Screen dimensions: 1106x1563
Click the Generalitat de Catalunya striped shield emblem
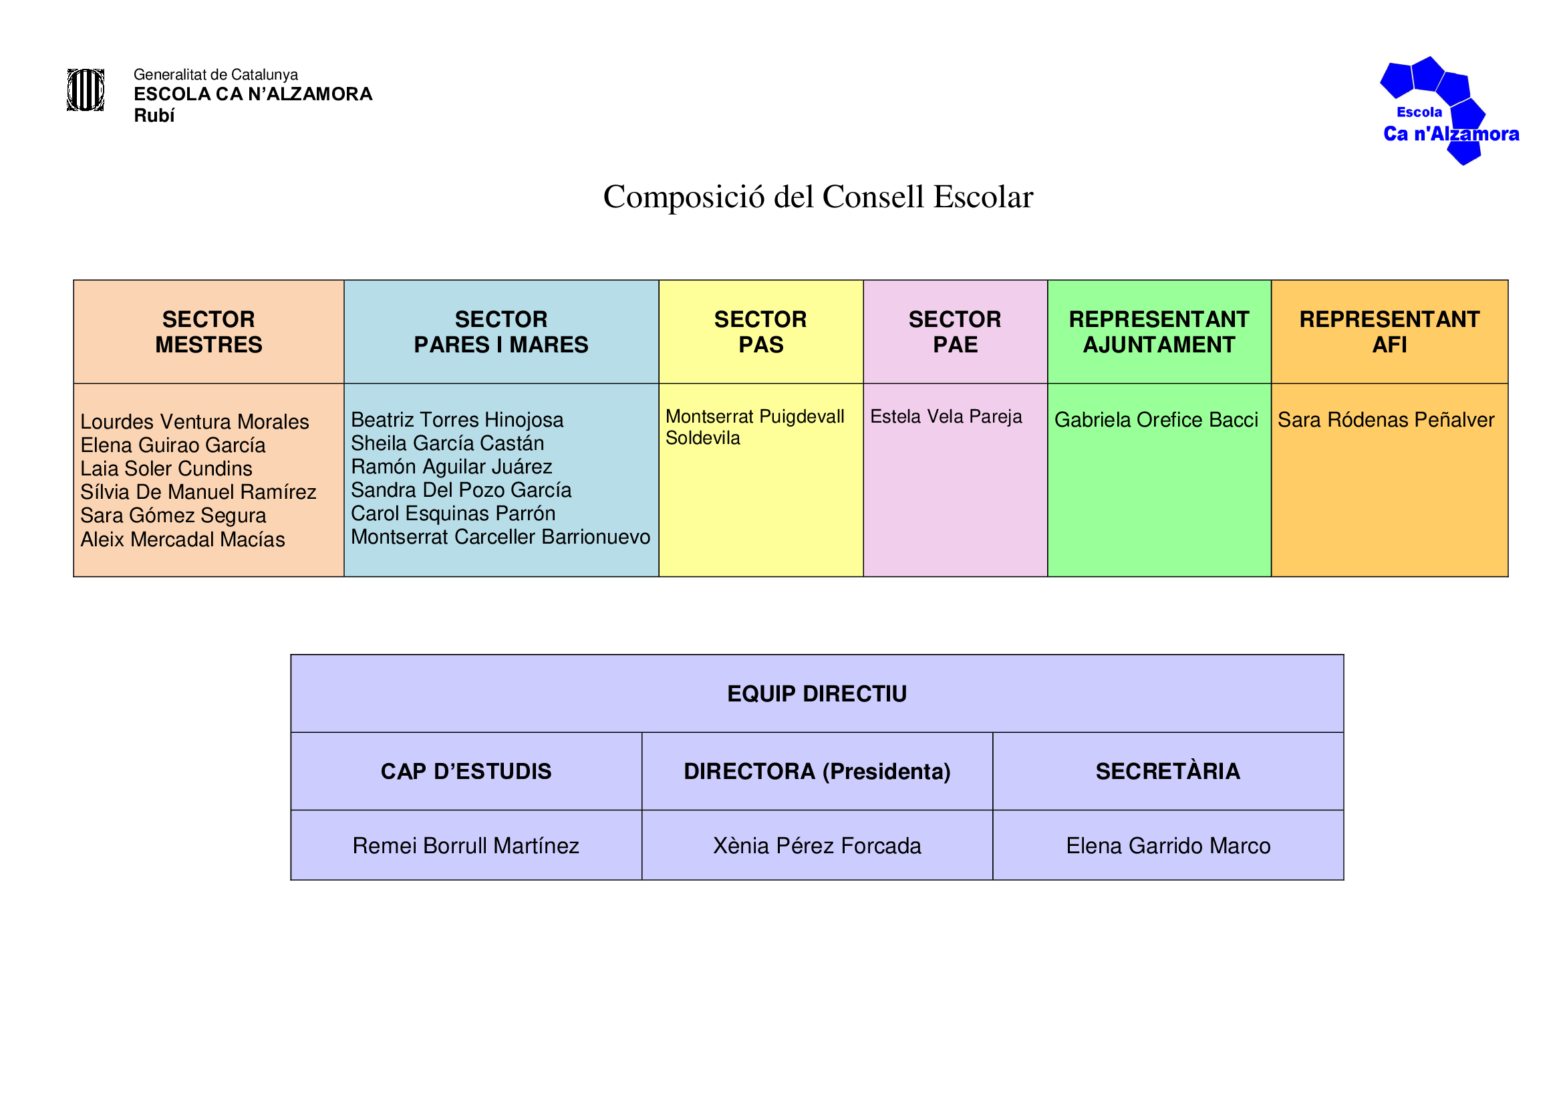point(85,90)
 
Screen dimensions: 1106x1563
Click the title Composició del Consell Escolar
point(817,197)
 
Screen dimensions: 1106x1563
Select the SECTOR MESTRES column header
point(208,332)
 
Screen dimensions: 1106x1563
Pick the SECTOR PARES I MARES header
point(501,332)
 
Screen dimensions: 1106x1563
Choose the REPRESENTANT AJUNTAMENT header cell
point(1159,332)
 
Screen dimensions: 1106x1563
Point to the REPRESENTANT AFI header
point(1389,332)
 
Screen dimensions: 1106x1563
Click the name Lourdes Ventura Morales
point(194,421)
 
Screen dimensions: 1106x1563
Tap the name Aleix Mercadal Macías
point(182,540)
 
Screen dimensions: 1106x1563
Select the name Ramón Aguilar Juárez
point(451,467)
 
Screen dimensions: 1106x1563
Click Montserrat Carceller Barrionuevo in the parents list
point(501,537)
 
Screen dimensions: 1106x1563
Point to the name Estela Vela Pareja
point(946,416)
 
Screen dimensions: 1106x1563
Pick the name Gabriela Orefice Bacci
point(1156,419)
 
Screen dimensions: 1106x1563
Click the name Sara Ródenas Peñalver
point(1385,419)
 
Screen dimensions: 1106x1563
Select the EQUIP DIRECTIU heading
point(817,693)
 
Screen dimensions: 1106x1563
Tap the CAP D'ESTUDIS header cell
point(466,771)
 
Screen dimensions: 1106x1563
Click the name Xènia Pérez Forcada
point(817,845)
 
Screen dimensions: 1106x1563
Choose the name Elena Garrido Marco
point(1168,845)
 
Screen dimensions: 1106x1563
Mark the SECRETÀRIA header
point(1168,771)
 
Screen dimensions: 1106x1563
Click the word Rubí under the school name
point(154,116)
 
